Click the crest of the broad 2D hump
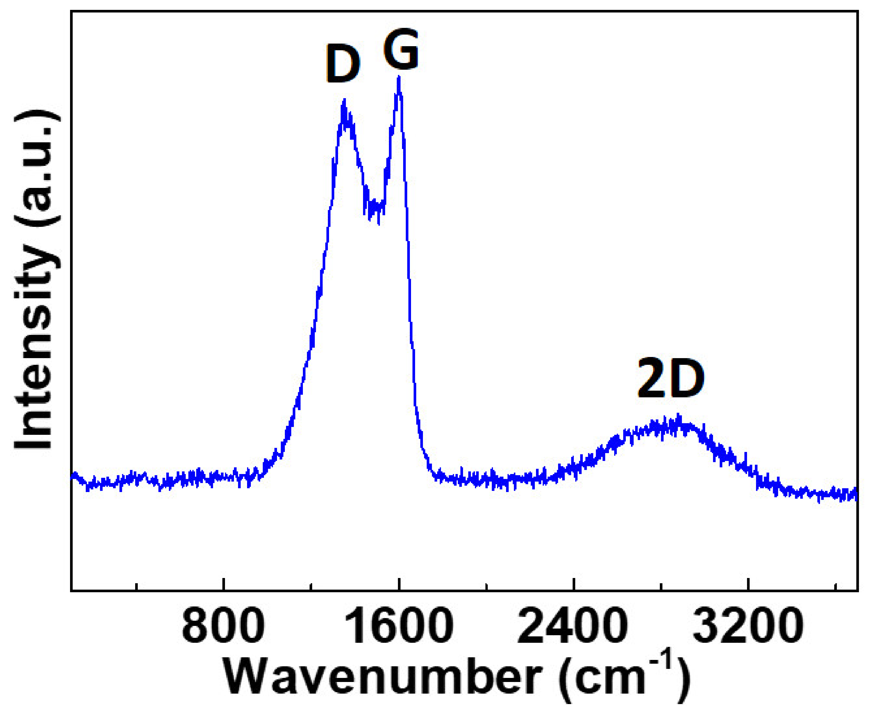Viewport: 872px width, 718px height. point(678,416)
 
